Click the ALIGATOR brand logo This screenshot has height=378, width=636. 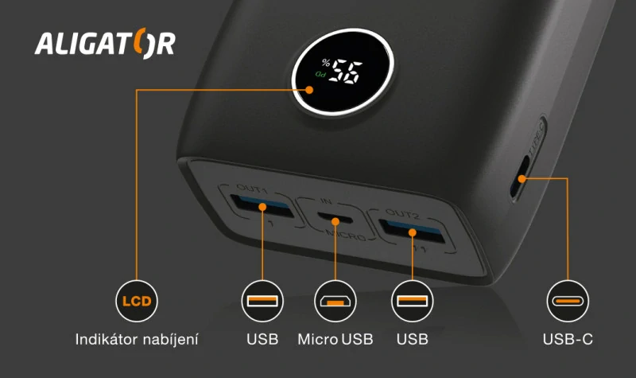pyautogui.click(x=105, y=43)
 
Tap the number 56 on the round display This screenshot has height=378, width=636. pyautogui.click(x=346, y=73)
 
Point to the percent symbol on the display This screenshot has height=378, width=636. pyautogui.click(x=325, y=64)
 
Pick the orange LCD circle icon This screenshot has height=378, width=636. pyautogui.click(x=137, y=302)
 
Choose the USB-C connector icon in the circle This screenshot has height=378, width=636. pyautogui.click(x=568, y=302)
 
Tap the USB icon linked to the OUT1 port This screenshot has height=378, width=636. pyautogui.click(x=262, y=302)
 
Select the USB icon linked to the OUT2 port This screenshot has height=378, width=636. pyautogui.click(x=413, y=302)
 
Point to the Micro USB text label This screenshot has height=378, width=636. pyautogui.click(x=335, y=340)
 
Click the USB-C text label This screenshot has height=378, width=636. pyautogui.click(x=568, y=340)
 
